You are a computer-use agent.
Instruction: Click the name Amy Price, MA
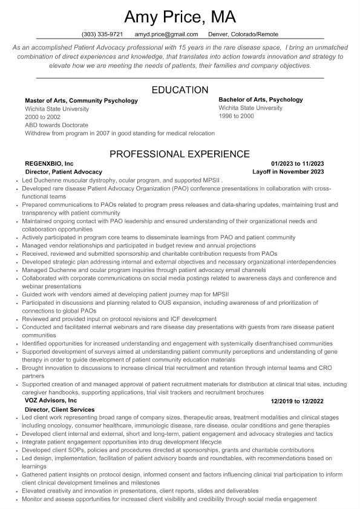[180, 16]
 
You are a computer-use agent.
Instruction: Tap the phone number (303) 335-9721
[102, 34]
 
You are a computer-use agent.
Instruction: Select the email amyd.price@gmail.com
[166, 34]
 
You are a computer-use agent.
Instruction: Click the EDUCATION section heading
[180, 90]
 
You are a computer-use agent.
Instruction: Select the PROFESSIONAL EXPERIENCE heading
[180, 154]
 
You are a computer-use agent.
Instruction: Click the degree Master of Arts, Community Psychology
[81, 100]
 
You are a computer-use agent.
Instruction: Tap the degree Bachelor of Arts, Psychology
[261, 100]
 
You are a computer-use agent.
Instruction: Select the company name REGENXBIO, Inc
[49, 163]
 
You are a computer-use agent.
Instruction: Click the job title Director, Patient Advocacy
[64, 172]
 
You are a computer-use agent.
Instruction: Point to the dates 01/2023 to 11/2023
[298, 163]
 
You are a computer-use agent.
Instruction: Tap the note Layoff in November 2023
[288, 172]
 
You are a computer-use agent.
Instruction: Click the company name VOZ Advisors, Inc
[51, 400]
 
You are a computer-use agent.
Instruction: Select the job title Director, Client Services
[59, 409]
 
